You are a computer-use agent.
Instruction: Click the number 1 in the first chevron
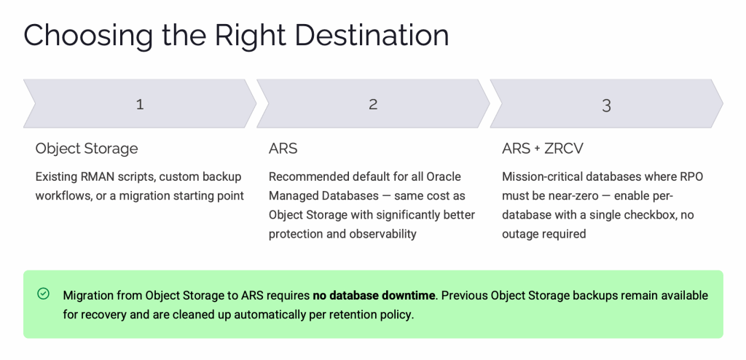[140, 104]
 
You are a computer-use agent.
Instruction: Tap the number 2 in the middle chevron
[373, 104]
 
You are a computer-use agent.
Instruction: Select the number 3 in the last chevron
[606, 105]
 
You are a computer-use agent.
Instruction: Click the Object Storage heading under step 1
[87, 149]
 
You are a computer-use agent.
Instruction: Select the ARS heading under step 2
[283, 149]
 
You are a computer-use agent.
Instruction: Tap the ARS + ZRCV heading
[542, 149]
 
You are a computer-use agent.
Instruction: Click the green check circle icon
[43, 294]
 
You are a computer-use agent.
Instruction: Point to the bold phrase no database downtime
[374, 295]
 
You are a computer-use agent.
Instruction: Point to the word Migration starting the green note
[86, 296]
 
